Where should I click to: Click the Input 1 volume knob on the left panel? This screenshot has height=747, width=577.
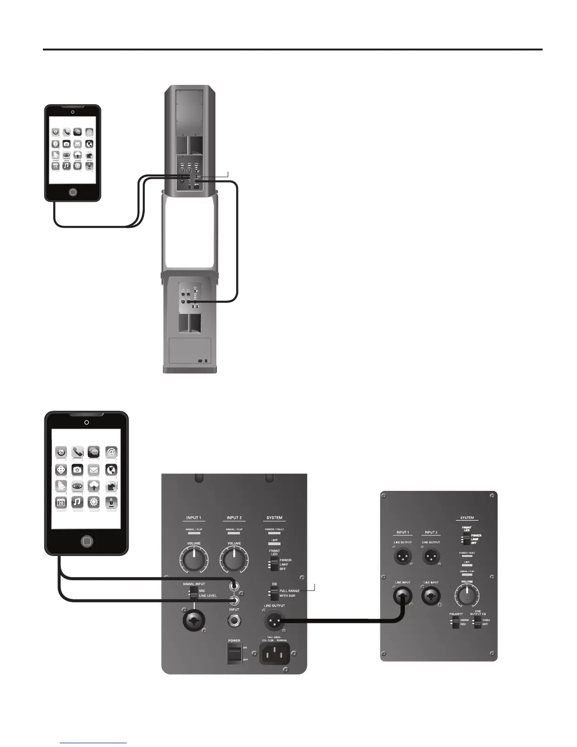click(193, 559)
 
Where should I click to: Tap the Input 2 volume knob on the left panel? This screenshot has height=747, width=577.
click(234, 559)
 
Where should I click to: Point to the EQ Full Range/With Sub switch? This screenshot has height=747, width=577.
click(274, 593)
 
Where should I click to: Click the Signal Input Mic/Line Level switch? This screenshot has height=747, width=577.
click(193, 593)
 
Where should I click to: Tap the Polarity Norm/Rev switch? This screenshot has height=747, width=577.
click(455, 622)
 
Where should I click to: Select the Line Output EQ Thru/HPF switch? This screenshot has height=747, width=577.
click(478, 622)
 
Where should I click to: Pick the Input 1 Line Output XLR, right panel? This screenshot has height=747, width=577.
click(402, 558)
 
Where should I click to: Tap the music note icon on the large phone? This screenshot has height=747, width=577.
click(77, 502)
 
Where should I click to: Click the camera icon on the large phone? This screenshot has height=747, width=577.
click(77, 470)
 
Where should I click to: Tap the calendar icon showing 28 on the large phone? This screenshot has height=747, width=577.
click(61, 502)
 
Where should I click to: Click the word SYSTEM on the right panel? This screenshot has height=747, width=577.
click(467, 518)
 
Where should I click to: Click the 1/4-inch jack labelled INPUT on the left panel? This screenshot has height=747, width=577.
click(234, 622)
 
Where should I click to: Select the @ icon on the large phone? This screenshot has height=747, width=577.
click(111, 453)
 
